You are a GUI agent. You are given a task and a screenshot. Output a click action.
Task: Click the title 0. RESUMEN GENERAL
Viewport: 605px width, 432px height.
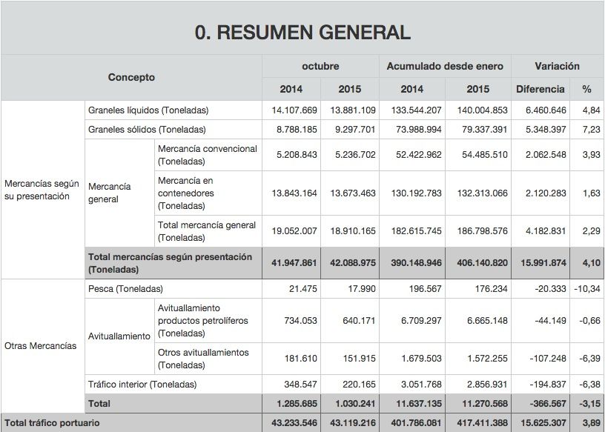pyautogui.click(x=302, y=32)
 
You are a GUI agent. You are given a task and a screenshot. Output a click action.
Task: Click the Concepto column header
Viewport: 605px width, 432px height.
pyautogui.click(x=131, y=77)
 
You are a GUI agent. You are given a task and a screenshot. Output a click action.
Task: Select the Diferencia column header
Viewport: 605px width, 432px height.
pyautogui.click(x=540, y=89)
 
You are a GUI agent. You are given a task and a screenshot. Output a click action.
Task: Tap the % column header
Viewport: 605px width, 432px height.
pyautogui.click(x=586, y=89)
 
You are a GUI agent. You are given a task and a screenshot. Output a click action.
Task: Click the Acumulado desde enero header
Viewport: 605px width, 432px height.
pyautogui.click(x=445, y=66)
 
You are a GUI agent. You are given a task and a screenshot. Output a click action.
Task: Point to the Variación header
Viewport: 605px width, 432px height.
pyautogui.click(x=558, y=66)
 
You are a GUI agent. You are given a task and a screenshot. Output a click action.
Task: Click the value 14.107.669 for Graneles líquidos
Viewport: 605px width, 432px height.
pyautogui.click(x=294, y=110)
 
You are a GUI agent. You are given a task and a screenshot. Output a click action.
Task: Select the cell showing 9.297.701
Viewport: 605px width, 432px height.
pyautogui.click(x=353, y=129)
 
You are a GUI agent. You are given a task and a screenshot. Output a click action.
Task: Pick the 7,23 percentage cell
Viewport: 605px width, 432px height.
pyautogui.click(x=590, y=129)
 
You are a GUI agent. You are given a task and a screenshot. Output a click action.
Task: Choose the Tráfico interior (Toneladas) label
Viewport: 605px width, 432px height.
pyautogui.click(x=142, y=385)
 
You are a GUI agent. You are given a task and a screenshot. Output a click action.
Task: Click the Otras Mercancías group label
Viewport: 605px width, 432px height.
pyautogui.click(x=41, y=346)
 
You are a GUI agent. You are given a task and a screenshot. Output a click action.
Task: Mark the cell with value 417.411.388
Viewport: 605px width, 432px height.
pyautogui.click(x=478, y=422)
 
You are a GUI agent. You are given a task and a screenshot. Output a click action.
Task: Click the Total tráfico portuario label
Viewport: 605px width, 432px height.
pyautogui.click(x=51, y=422)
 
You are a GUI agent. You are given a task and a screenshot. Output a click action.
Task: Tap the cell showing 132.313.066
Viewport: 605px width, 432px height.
pyautogui.click(x=478, y=193)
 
